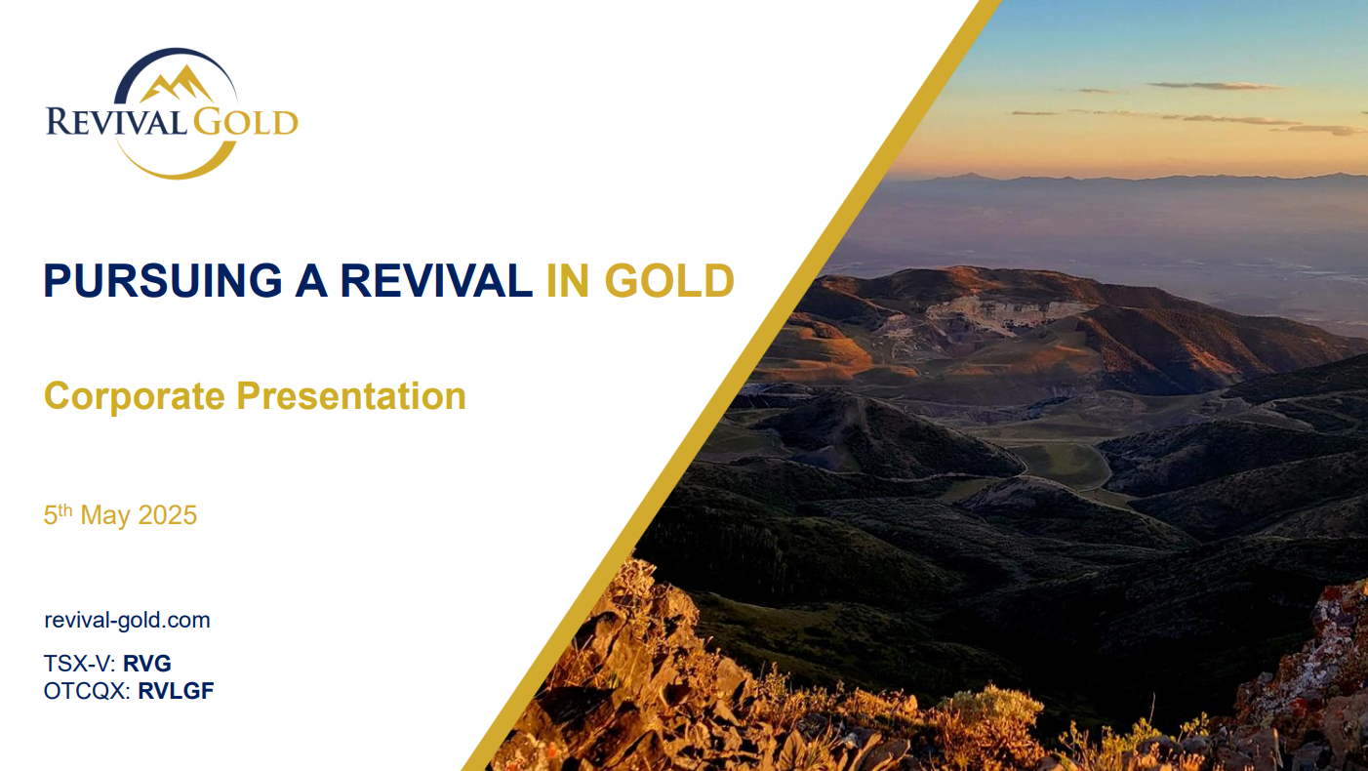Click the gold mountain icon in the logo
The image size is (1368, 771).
pyautogui.click(x=178, y=84)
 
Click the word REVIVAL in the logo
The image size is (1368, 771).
pyautogui.click(x=116, y=121)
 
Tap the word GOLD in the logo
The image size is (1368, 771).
pyautogui.click(x=246, y=121)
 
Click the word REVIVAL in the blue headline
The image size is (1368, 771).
pyautogui.click(x=436, y=280)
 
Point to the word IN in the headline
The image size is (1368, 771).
pyautogui.click(x=568, y=280)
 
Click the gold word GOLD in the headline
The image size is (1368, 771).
pyautogui.click(x=669, y=280)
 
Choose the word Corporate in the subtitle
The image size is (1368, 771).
pyautogui.click(x=135, y=396)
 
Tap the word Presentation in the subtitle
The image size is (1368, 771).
pyautogui.click(x=351, y=395)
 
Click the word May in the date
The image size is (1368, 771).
pyautogui.click(x=105, y=515)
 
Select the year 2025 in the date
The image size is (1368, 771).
pyautogui.click(x=167, y=515)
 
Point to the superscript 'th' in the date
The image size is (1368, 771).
pyautogui.click(x=64, y=509)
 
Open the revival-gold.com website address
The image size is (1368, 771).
pyautogui.click(x=127, y=620)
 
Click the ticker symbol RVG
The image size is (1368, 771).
pyautogui.click(x=147, y=664)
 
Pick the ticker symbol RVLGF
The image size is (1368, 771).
pyautogui.click(x=176, y=691)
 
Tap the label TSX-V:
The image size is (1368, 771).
pyautogui.click(x=79, y=664)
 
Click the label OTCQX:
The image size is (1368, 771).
pyautogui.click(x=87, y=691)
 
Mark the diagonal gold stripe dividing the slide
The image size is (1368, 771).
pyautogui.click(x=732, y=385)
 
